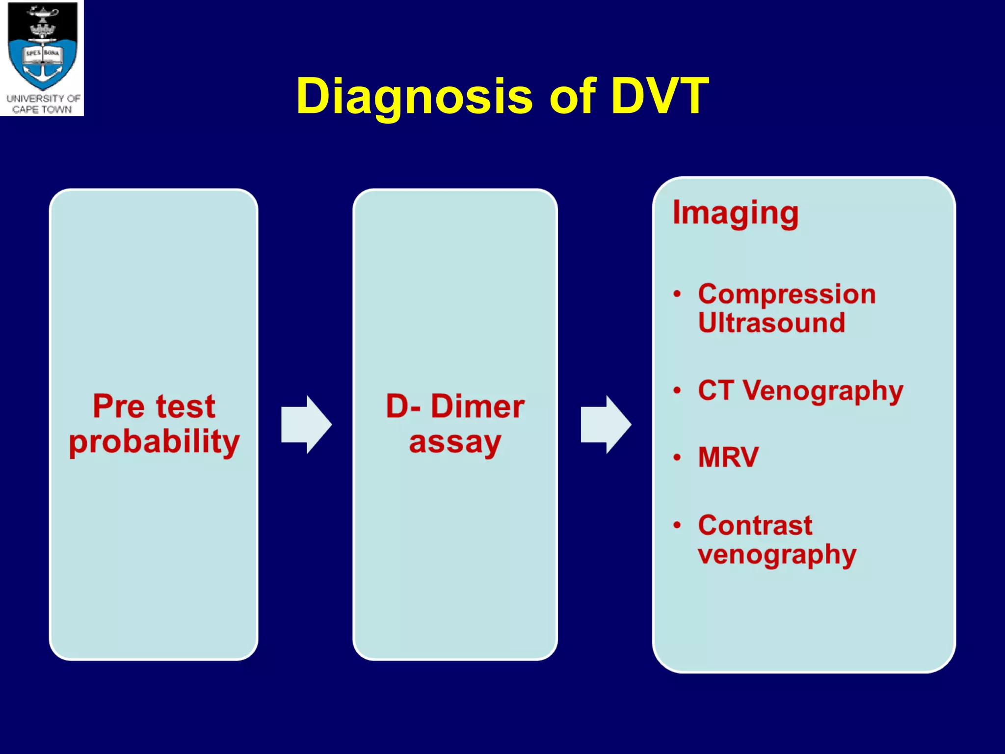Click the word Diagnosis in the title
[415, 97]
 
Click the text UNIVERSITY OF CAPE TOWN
[43, 104]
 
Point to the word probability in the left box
[154, 442]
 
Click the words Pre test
[154, 406]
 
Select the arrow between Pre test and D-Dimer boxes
[306, 424]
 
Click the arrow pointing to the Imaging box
[606, 424]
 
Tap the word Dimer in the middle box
[477, 406]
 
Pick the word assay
[455, 442]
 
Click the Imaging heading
[735, 213]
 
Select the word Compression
[787, 294]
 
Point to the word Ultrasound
[771, 323]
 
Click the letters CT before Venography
[716, 390]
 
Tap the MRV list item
[728, 457]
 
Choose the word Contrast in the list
[755, 525]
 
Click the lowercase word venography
[777, 555]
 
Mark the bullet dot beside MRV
[678, 458]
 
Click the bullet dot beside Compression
[678, 294]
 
